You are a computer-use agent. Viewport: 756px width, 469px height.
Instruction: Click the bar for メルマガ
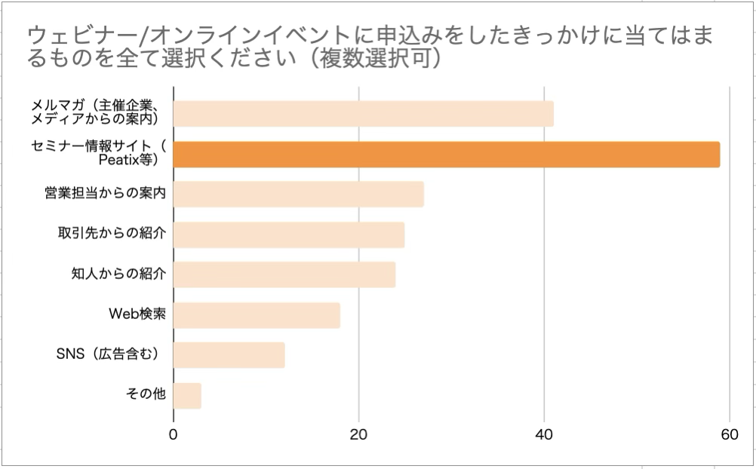[363, 114]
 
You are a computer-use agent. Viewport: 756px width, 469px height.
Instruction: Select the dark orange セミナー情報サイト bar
[446, 154]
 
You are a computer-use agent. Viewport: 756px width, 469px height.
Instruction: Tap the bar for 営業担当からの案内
[298, 194]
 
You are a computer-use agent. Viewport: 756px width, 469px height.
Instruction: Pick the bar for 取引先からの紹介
[288, 234]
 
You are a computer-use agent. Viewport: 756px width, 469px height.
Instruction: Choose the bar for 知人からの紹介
[284, 274]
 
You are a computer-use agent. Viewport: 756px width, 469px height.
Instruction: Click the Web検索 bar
[257, 315]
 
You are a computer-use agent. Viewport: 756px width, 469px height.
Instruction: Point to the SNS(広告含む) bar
[229, 355]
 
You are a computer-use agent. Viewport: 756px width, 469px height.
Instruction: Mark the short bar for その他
[187, 395]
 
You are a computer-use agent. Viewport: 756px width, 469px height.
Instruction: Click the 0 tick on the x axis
[174, 435]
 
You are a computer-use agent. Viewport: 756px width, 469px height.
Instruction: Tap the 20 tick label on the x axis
[358, 435]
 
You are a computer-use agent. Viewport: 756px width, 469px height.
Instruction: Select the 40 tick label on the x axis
[544, 435]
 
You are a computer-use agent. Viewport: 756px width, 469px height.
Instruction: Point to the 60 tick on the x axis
[729, 435]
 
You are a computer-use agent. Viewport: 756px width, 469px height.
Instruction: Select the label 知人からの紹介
[118, 274]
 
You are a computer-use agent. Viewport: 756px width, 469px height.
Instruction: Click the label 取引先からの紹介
[112, 234]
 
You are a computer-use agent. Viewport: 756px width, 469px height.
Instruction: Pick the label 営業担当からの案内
[105, 194]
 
